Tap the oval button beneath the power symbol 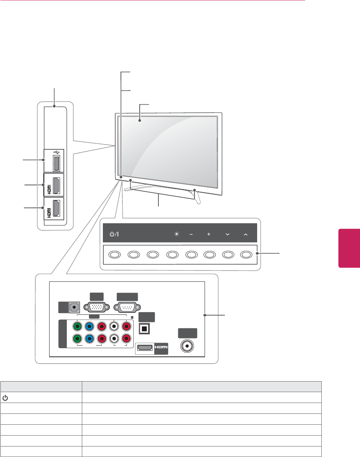coord(114,254)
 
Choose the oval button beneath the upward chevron coord(246,254)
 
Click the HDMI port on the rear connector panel coord(144,349)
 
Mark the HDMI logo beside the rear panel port coord(160,349)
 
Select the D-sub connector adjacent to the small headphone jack coord(96,307)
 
